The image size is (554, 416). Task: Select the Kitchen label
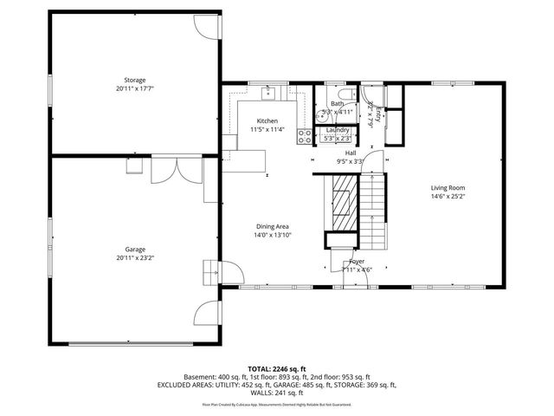[267, 120]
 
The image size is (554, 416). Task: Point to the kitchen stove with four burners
[305, 136]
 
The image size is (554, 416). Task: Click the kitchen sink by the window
[267, 89]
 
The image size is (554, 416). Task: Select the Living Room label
[448, 187]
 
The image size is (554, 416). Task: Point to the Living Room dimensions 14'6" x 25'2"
[448, 196]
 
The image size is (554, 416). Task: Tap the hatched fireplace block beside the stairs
[344, 200]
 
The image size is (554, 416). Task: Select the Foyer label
[357, 261]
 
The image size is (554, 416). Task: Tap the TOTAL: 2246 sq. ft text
[276, 368]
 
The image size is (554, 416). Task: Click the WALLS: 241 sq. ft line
[276, 392]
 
